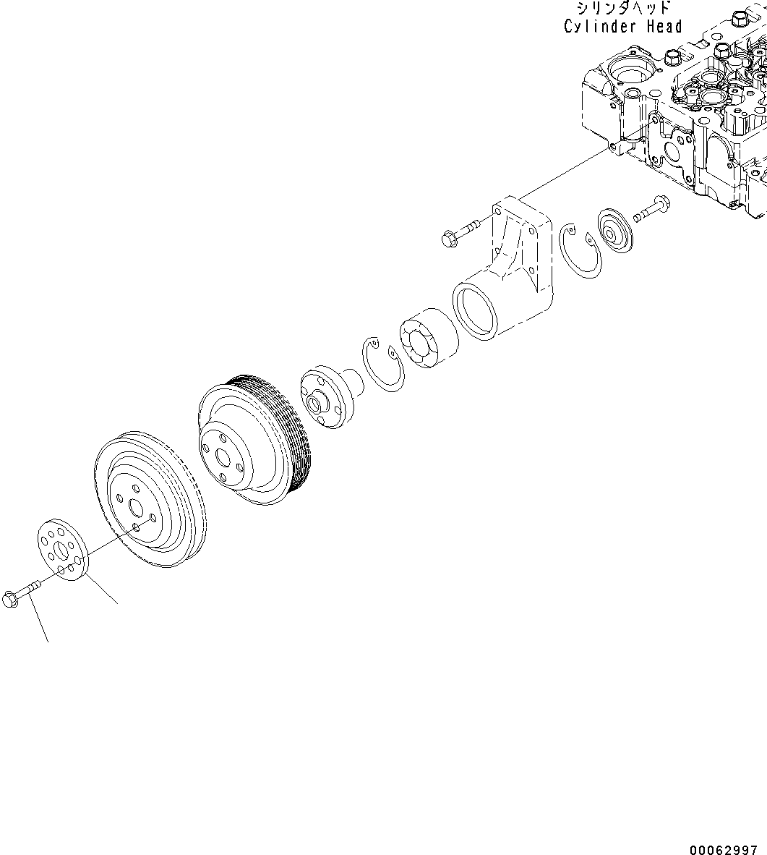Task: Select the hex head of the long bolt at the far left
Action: [10, 598]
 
